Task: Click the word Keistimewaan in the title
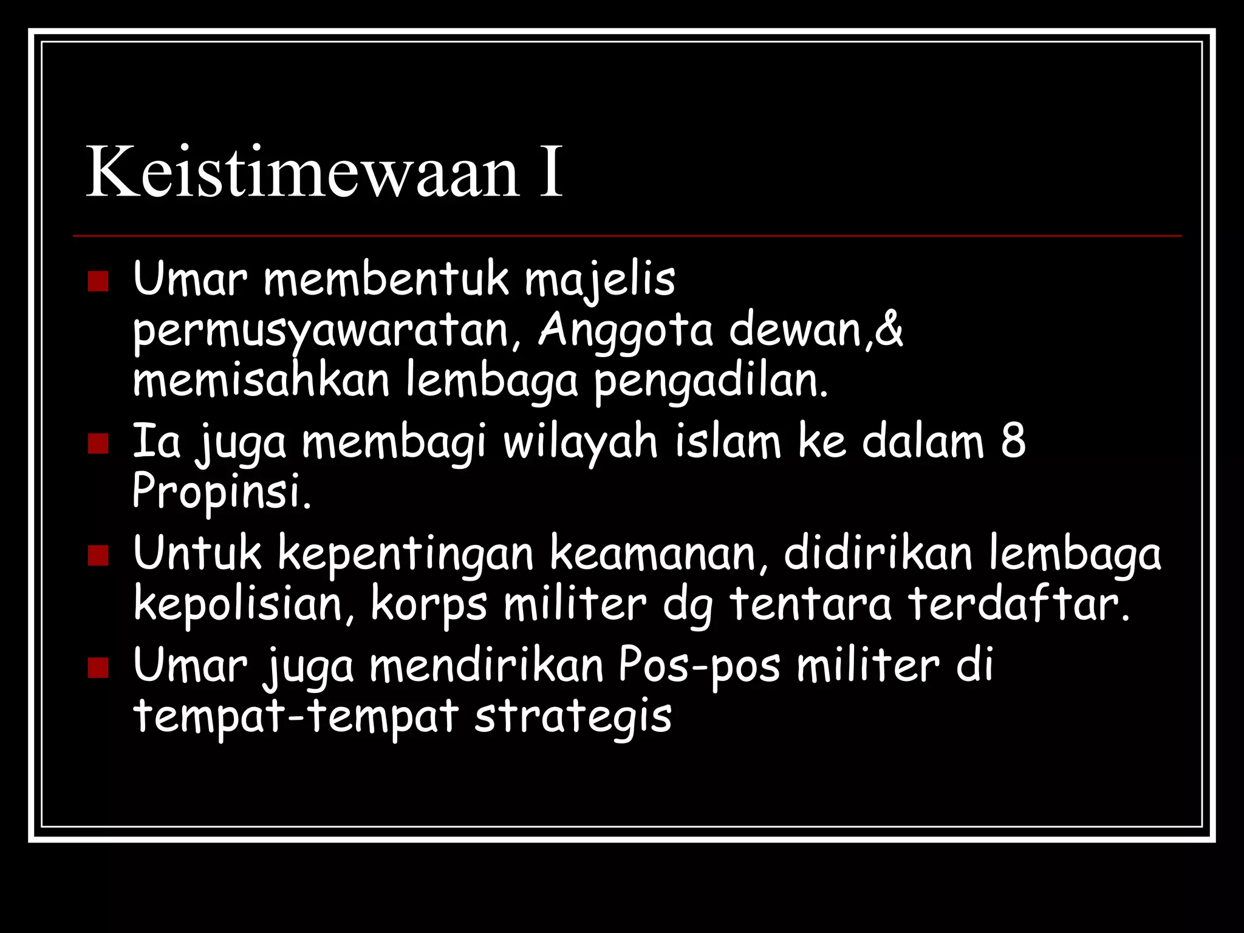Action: point(302,173)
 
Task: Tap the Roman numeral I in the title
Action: point(551,173)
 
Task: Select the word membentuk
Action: point(386,279)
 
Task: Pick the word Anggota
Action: point(625,332)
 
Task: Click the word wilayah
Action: point(580,442)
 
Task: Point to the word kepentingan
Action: point(405,554)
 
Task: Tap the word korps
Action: point(429,605)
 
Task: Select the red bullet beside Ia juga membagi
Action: point(98,443)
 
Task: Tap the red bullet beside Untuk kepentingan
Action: point(98,555)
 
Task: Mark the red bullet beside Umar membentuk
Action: point(98,282)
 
